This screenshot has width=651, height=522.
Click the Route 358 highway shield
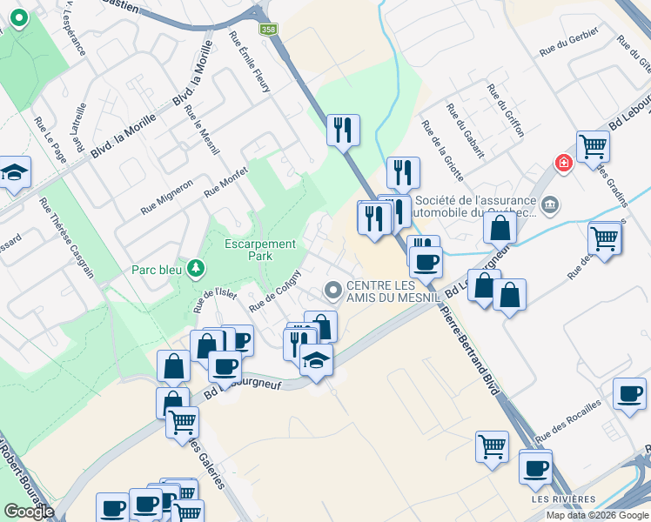(269, 29)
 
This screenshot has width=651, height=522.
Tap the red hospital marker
(564, 163)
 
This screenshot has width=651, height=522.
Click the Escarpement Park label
(260, 250)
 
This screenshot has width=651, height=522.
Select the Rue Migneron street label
(166, 197)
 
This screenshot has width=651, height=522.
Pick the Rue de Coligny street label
(275, 291)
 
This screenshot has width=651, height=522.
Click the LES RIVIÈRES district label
(563, 499)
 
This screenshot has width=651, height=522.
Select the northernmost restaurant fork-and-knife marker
(343, 130)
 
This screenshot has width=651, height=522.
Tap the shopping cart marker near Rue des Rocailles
(492, 445)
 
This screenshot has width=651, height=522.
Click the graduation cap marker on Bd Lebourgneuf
(317, 359)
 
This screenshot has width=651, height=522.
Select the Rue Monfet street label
(226, 181)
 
